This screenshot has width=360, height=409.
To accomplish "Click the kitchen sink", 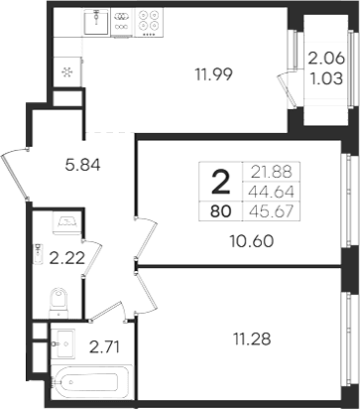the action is (x=96, y=22).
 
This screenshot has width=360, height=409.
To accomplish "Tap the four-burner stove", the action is (x=148, y=22).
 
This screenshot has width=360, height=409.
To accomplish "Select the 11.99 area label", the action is (x=214, y=74).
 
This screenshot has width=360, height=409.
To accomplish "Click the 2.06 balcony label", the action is (x=326, y=60).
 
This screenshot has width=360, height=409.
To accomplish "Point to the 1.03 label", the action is (x=327, y=79).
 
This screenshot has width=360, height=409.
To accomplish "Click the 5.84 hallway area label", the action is (x=82, y=165).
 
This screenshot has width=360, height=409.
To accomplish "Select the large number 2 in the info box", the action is (x=220, y=182).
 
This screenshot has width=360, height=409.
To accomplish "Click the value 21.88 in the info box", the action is (x=272, y=172).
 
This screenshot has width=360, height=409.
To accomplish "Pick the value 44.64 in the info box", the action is (x=272, y=192).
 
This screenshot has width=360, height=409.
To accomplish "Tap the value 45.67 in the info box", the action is (x=272, y=210).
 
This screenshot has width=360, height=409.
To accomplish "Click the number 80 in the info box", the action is (x=220, y=211).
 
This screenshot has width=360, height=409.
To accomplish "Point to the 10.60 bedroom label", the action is (x=252, y=241).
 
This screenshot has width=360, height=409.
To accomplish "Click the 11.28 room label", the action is (x=252, y=339).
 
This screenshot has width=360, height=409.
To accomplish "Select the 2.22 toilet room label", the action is (x=67, y=258).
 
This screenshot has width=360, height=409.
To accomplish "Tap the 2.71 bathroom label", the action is (x=104, y=346).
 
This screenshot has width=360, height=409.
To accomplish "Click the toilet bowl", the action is (x=59, y=303).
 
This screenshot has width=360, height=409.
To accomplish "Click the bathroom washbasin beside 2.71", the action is (x=64, y=343).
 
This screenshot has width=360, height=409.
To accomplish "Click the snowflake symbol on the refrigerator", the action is (x=67, y=71).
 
